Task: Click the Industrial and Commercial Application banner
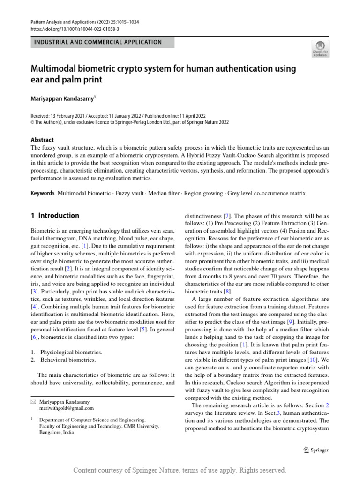[x=102, y=42]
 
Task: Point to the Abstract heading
[x=42, y=140]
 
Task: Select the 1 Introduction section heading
[x=55, y=216]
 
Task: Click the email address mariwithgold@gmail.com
[x=66, y=408]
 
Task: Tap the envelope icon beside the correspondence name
[x=33, y=402]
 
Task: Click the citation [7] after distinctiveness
[x=226, y=216]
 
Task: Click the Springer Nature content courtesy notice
[x=180, y=470]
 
